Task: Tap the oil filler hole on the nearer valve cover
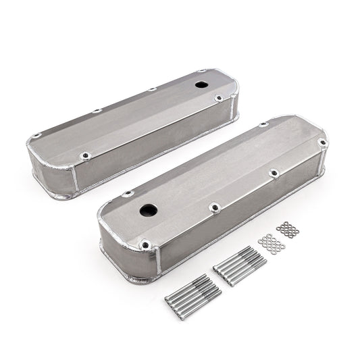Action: (x=149, y=210)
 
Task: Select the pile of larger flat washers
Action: (x=271, y=242)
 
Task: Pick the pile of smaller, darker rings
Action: (x=288, y=230)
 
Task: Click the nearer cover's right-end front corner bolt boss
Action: (x=322, y=143)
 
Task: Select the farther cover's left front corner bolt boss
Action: (x=84, y=157)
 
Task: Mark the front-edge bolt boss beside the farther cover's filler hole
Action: (x=218, y=99)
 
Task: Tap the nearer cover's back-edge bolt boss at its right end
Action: (x=263, y=125)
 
